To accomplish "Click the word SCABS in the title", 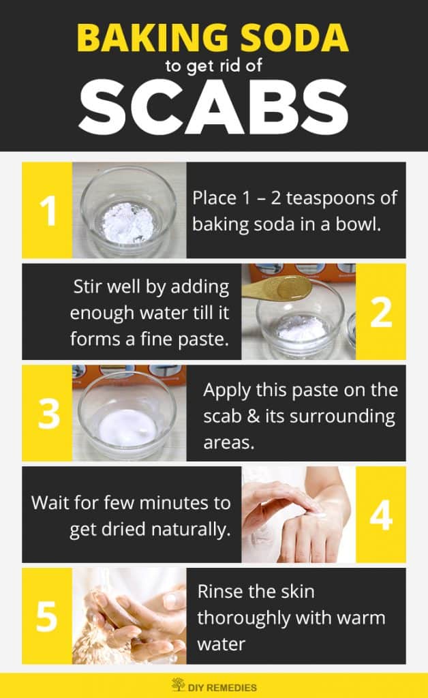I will (x=213, y=108).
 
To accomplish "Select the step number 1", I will (x=47, y=210).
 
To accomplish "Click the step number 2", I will (x=381, y=312).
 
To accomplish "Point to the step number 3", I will (x=47, y=413).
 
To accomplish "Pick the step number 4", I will (x=381, y=515).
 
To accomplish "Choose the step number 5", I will (x=47, y=616).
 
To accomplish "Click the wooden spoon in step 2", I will (x=273, y=288).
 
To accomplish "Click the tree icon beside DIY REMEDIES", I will (x=179, y=684).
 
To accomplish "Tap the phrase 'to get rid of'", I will (x=213, y=67).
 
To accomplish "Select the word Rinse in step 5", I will (x=218, y=592).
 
